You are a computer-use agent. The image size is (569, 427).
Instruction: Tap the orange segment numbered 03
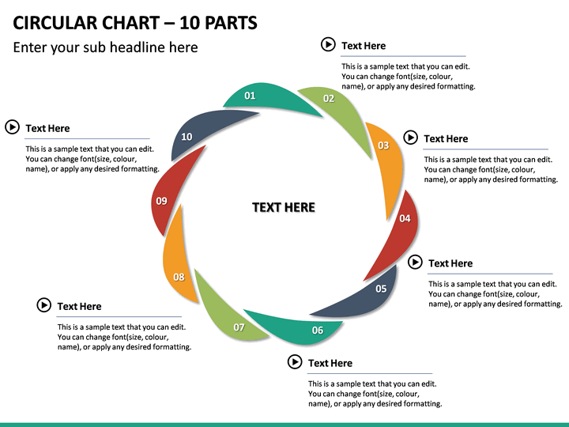coord(386,156)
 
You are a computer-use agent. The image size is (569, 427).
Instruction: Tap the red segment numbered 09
coord(168,196)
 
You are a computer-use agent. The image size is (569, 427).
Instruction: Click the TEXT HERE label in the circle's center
coord(284,207)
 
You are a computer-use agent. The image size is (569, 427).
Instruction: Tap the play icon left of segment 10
coord(12,127)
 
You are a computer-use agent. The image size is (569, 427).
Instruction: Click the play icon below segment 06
coord(295,361)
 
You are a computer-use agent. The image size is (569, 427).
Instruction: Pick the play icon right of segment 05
coord(415,262)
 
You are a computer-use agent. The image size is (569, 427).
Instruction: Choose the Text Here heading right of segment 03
coord(446,138)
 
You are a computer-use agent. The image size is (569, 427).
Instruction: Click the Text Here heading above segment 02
coord(364,46)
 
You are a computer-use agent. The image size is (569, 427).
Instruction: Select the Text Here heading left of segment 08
coord(79,307)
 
